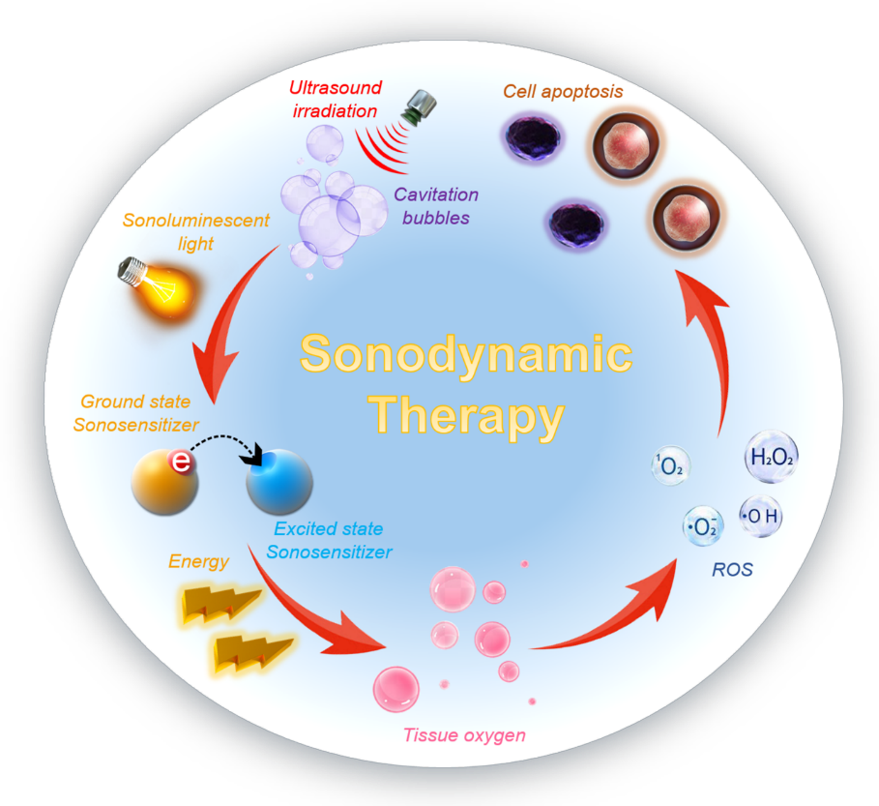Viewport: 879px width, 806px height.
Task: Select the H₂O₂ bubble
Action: tap(772, 457)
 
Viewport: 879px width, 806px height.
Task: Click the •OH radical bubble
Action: tap(760, 516)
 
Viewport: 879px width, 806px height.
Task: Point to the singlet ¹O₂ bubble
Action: tap(671, 465)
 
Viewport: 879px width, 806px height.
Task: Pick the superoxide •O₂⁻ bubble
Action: tap(703, 526)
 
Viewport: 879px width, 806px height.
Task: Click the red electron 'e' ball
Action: tap(181, 462)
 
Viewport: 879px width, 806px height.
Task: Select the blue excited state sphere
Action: tap(279, 482)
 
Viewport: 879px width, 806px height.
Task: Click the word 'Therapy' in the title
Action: tap(466, 416)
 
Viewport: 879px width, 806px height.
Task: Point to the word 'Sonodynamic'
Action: tap(466, 353)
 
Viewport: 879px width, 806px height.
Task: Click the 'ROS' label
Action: tap(732, 569)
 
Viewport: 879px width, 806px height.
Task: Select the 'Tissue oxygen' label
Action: tap(464, 735)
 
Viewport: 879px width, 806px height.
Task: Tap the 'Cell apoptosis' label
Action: tap(563, 91)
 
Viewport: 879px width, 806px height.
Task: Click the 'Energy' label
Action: tap(198, 561)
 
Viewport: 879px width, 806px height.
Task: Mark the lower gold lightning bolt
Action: tap(252, 653)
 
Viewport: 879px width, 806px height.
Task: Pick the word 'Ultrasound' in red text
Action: tap(336, 87)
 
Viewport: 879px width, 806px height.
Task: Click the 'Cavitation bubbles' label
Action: tap(436, 206)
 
